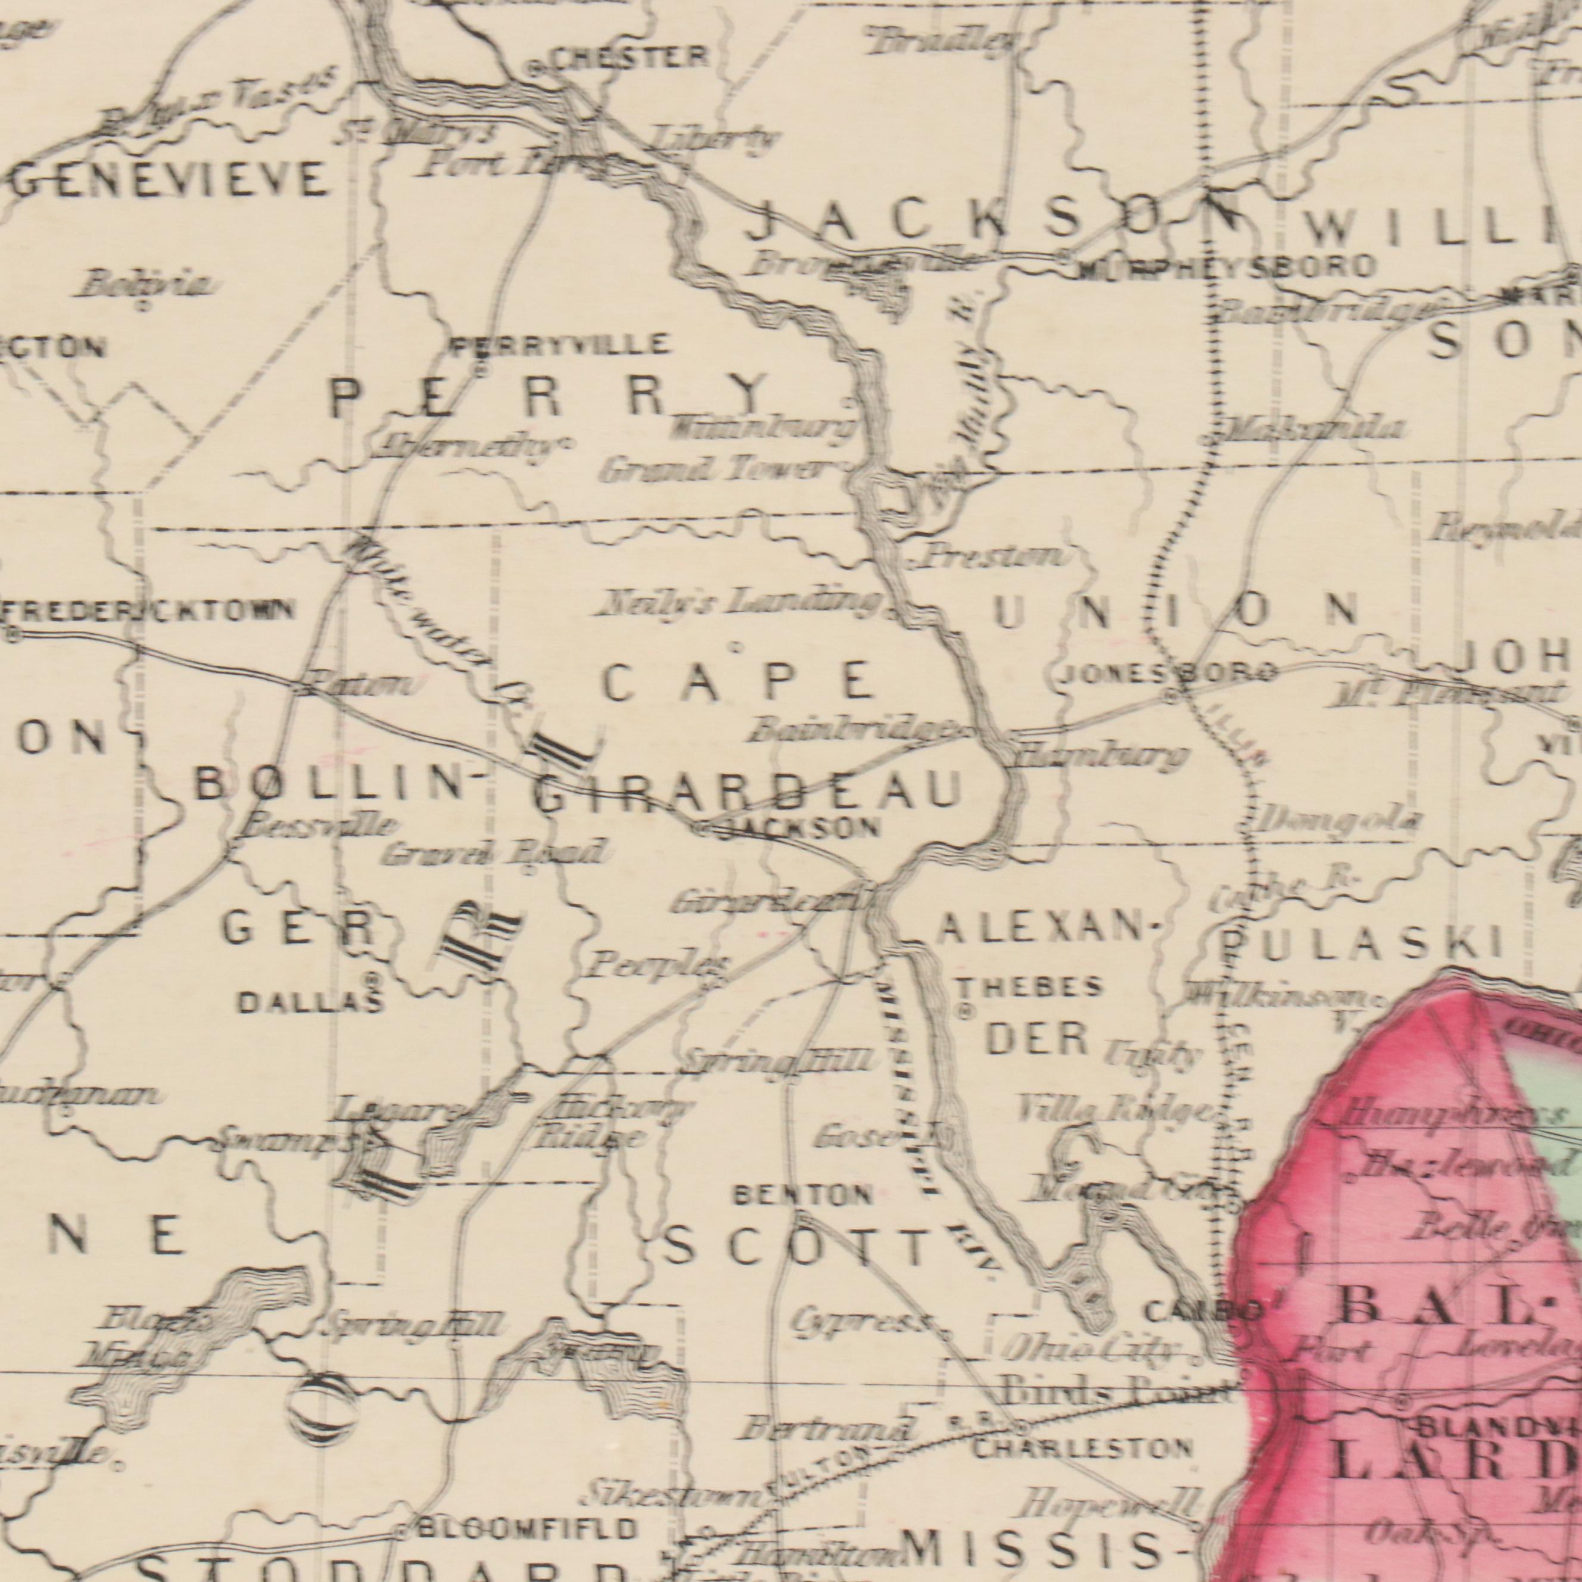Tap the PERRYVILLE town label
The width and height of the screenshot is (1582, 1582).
562,345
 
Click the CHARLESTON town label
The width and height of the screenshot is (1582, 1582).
1082,1449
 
